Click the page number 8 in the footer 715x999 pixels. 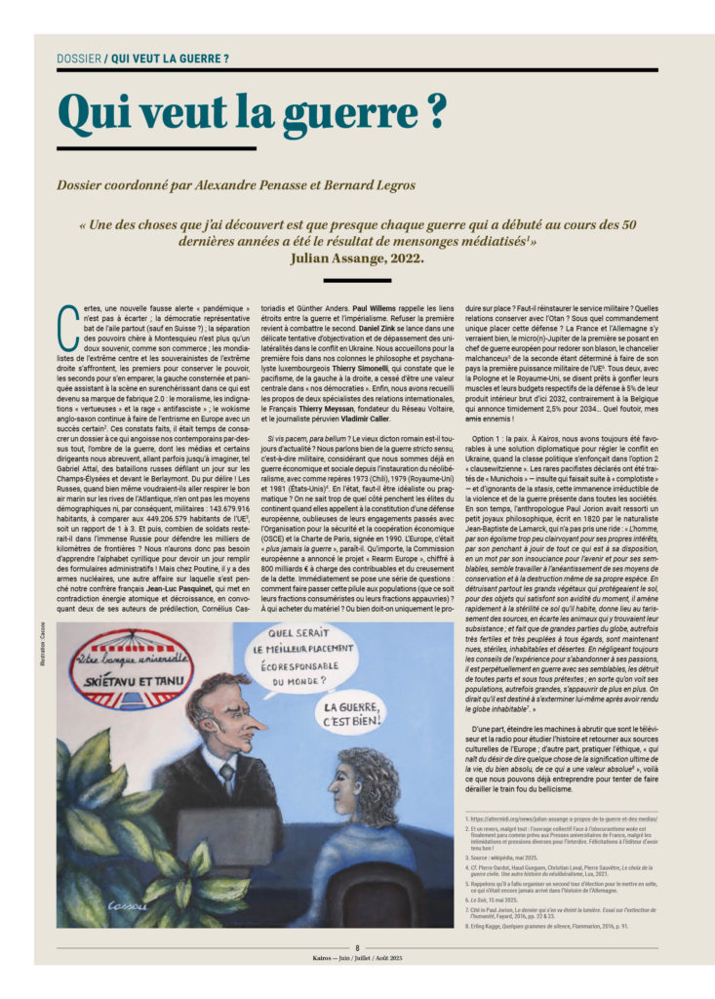(357, 947)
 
